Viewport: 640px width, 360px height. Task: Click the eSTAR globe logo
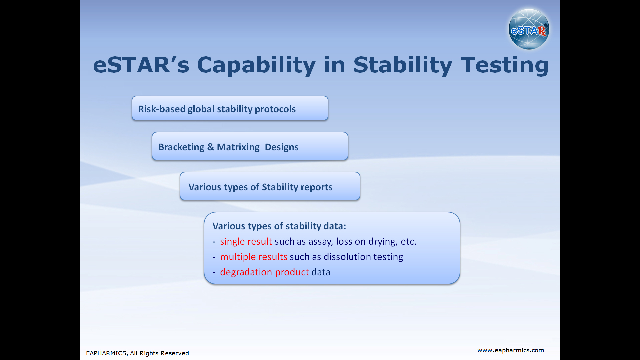click(x=529, y=29)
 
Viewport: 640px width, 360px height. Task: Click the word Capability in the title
click(x=256, y=65)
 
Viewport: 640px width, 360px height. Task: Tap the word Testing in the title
click(x=504, y=65)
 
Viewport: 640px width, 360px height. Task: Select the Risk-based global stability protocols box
click(x=230, y=108)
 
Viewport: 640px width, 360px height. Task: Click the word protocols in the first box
click(x=275, y=109)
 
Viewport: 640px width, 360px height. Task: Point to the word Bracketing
click(x=181, y=147)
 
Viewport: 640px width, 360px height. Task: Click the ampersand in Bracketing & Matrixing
click(x=211, y=147)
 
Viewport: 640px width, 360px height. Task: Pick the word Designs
click(x=281, y=147)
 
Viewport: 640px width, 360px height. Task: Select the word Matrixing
click(x=238, y=147)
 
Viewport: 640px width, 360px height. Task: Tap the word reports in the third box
click(x=316, y=187)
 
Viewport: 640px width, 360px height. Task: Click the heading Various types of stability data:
click(x=279, y=226)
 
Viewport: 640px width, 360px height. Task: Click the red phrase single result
click(x=246, y=241)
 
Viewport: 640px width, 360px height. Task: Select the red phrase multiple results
click(x=254, y=257)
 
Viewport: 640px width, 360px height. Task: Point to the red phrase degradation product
click(x=264, y=272)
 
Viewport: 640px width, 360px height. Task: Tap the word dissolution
click(x=347, y=257)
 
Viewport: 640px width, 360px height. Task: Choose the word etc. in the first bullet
click(x=409, y=241)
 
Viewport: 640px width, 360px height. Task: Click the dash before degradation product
click(x=214, y=273)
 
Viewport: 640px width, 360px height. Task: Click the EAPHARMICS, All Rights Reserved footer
click(x=137, y=353)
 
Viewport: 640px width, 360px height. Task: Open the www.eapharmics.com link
click(x=511, y=350)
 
